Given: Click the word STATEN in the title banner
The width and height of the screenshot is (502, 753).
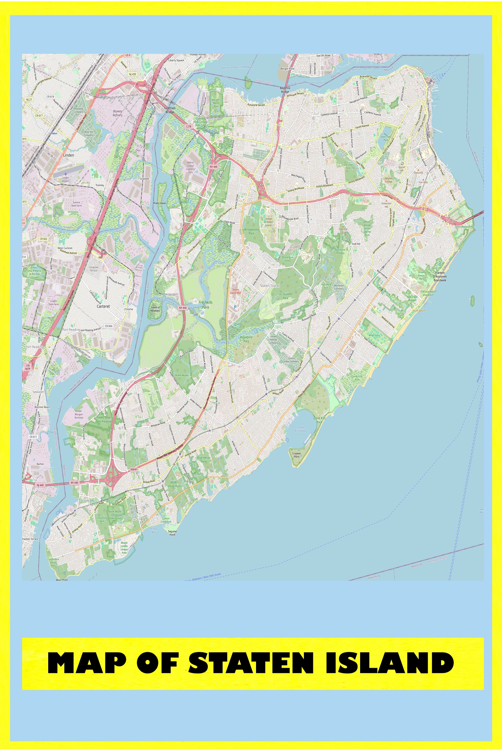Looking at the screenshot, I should click(251, 663).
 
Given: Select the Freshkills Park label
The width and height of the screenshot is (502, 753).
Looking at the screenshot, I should click(205, 305).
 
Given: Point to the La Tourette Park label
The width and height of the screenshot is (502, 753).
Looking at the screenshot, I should click(285, 296).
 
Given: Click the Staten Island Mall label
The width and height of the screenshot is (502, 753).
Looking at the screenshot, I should click(235, 291).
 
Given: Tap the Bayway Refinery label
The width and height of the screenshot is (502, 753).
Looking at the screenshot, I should click(117, 113).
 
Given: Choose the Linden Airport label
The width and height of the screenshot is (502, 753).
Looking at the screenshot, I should click(66, 179).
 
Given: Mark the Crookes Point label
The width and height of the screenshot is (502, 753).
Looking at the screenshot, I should click(297, 455).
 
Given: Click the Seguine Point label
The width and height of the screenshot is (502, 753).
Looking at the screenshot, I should click(172, 533).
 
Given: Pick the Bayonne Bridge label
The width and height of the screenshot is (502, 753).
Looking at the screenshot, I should click(285, 90).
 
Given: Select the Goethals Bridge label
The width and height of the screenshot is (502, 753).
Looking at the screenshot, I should click(170, 110).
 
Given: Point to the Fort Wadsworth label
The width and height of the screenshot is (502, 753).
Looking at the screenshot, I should click(465, 227).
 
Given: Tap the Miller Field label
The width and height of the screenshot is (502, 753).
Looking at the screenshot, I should click(374, 335).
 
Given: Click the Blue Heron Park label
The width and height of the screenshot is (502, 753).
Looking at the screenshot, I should click(204, 459).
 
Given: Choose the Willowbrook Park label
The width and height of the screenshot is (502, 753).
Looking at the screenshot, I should click(251, 231).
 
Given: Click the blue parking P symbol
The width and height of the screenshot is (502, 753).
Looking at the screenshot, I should click(235, 307).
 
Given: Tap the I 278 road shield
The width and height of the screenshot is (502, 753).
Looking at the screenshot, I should click(189, 127).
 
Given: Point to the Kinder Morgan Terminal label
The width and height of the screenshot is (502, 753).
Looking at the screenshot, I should click(79, 414).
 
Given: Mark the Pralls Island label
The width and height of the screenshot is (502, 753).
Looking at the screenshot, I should click(159, 203).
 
